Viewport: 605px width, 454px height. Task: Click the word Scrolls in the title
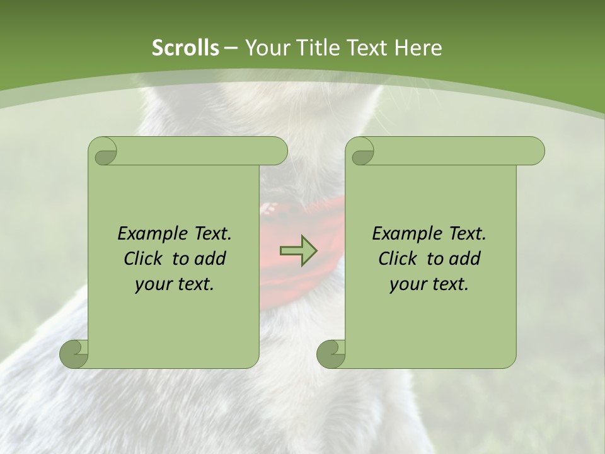pyautogui.click(x=185, y=48)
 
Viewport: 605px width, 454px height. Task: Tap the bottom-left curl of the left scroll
pyautogui.click(x=74, y=354)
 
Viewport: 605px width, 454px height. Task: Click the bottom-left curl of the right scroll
pyautogui.click(x=331, y=354)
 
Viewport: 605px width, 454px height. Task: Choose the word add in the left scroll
pyautogui.click(x=210, y=259)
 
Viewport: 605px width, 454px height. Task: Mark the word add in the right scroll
pyautogui.click(x=465, y=259)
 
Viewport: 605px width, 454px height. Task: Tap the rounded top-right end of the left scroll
pyautogui.click(x=277, y=151)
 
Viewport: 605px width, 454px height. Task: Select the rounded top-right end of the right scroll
pyautogui.click(x=534, y=151)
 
